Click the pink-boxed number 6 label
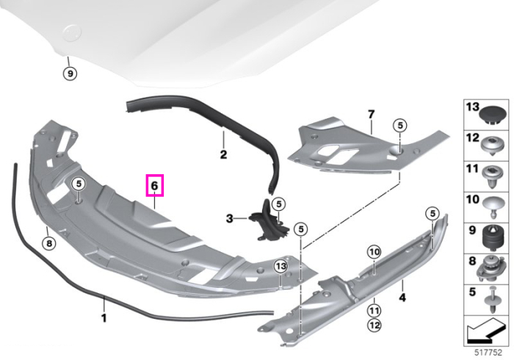tap(154, 186)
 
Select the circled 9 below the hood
tap(70, 73)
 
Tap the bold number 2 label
tap(223, 154)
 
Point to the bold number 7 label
tap(371, 115)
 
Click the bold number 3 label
tap(229, 218)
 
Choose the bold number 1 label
tap(104, 317)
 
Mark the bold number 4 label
tap(402, 298)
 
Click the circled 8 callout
tap(49, 243)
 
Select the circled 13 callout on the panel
tap(281, 267)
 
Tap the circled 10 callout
tap(374, 252)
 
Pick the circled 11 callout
tap(374, 310)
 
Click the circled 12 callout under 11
tap(374, 325)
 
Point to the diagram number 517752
tap(488, 353)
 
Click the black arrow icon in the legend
tap(486, 331)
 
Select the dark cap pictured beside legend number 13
tap(493, 115)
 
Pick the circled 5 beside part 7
tap(399, 125)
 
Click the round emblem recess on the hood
tap(72, 33)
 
